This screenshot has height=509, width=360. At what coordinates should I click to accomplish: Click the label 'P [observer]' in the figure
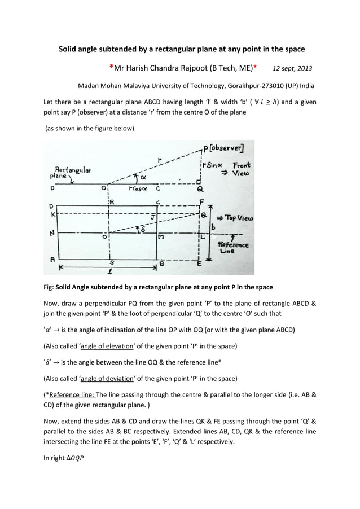[225, 148]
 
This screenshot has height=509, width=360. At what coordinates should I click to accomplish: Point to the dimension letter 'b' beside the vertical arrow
[213, 227]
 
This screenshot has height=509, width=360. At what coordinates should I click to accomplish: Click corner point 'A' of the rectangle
[53, 259]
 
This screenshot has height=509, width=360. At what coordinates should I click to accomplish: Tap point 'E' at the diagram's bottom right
[198, 264]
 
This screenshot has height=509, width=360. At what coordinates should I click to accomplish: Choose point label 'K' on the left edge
[53, 215]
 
